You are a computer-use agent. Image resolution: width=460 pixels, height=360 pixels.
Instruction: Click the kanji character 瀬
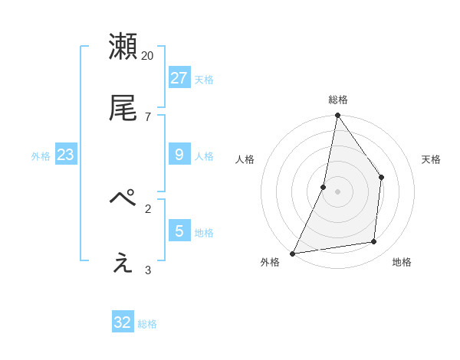tap(123, 47)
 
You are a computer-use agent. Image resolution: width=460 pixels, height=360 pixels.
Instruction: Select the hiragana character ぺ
tap(123, 198)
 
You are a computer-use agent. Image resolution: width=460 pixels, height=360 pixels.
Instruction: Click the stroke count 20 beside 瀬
tap(147, 56)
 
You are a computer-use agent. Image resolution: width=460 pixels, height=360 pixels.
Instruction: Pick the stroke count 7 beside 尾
tap(147, 116)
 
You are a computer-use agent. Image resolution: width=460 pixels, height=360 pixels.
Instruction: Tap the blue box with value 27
tap(179, 77)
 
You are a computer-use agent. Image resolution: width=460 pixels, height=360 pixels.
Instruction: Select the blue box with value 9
tap(179, 155)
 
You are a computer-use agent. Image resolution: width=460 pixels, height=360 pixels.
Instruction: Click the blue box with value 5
tap(179, 231)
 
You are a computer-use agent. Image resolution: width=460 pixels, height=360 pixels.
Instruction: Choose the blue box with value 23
tap(65, 155)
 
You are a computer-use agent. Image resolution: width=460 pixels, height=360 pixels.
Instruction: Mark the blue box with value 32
tap(123, 322)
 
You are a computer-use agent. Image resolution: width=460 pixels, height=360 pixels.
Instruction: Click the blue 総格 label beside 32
tap(147, 324)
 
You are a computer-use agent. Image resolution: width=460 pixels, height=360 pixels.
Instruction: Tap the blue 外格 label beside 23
tap(41, 156)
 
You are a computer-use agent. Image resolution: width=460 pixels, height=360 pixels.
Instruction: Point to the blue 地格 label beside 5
tap(204, 232)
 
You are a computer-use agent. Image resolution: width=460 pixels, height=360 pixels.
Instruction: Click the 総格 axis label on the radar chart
tap(338, 100)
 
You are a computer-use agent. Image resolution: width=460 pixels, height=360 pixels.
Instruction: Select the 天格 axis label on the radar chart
tap(431, 159)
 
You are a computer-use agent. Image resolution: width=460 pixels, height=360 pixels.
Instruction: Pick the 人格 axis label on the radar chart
tap(245, 159)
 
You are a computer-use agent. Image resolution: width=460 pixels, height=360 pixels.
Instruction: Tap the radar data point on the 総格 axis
tap(337, 115)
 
